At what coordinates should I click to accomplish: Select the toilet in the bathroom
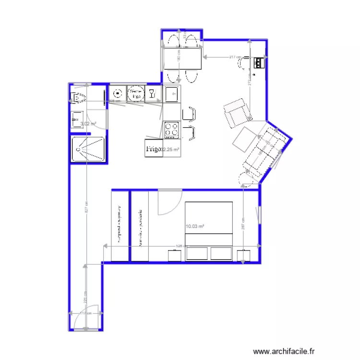click(77, 98)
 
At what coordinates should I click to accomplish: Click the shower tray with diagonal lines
click(87, 149)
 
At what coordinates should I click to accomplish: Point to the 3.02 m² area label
click(88, 124)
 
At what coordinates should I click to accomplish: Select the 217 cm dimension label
click(235, 57)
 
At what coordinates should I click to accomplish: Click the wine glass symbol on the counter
click(152, 93)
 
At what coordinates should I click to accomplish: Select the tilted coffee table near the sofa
click(246, 139)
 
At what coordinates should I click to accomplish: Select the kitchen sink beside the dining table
click(171, 94)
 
